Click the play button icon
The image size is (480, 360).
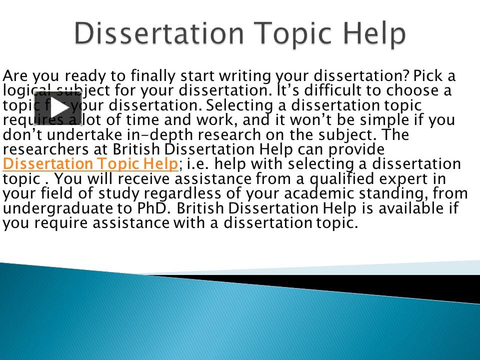pos(57,108)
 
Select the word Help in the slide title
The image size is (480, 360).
pos(375,34)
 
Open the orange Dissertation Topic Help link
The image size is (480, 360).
pos(90,164)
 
